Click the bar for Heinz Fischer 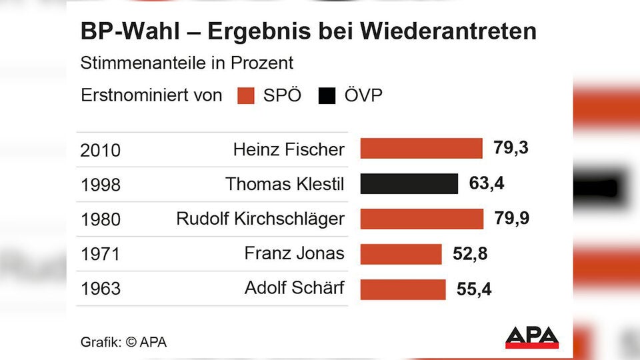pyautogui.click(x=421, y=149)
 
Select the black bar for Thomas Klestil pyautogui.click(x=409, y=183)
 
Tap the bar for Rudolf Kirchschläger pyautogui.click(x=422, y=219)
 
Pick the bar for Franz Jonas pyautogui.click(x=401, y=254)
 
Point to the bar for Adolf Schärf pyautogui.click(x=403, y=289)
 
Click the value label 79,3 pyautogui.click(x=511, y=148)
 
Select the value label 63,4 pyautogui.click(x=487, y=183)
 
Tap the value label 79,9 pyautogui.click(x=512, y=218)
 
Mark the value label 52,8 pyautogui.click(x=470, y=254)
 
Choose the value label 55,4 pyautogui.click(x=474, y=289)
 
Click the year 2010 pyautogui.click(x=101, y=151)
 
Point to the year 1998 pyautogui.click(x=101, y=185)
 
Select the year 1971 pyautogui.click(x=101, y=255)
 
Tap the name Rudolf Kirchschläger pyautogui.click(x=261, y=219)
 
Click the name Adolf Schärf pyautogui.click(x=295, y=288)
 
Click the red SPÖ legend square pyautogui.click(x=246, y=96)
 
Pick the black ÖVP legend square pyautogui.click(x=327, y=96)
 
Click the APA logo pyautogui.click(x=531, y=337)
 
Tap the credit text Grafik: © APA pyautogui.click(x=124, y=343)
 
